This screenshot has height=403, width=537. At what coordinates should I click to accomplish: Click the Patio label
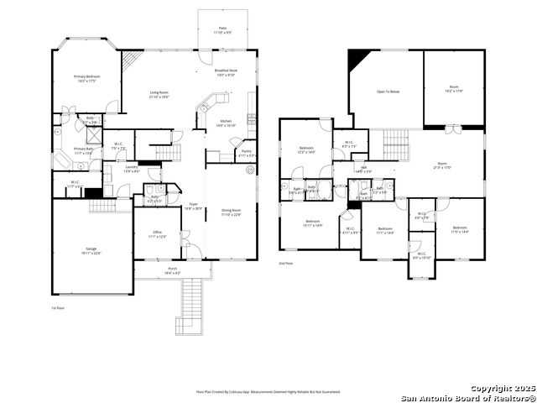click(222, 30)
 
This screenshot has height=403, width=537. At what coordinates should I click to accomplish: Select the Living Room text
click(159, 96)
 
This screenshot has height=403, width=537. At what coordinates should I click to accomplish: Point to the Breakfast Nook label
click(226, 72)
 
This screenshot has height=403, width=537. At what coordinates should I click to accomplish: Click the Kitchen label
click(227, 123)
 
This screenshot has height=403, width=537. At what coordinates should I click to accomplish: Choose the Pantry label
click(246, 154)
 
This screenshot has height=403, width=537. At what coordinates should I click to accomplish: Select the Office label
click(157, 234)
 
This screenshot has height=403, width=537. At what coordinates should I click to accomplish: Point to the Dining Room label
click(231, 212)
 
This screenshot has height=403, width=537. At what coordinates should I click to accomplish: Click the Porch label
click(172, 270)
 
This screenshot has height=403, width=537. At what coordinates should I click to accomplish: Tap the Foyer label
click(192, 206)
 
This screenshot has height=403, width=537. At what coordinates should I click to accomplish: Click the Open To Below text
click(387, 92)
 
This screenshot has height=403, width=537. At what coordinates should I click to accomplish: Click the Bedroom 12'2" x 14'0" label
click(306, 150)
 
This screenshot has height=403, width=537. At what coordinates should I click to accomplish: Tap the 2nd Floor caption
click(286, 263)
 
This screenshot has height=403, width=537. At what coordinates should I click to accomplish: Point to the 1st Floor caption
click(58, 309)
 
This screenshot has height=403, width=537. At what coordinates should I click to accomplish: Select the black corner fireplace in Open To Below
click(358, 59)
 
